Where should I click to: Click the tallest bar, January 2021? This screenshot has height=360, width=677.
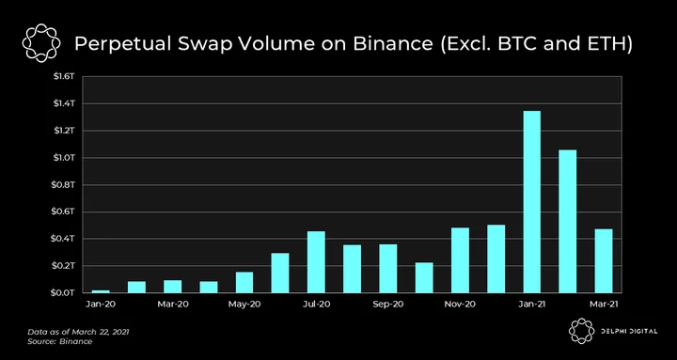(x=531, y=201)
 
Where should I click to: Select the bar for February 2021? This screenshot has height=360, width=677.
(x=567, y=221)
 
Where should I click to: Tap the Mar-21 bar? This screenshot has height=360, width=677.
(x=603, y=260)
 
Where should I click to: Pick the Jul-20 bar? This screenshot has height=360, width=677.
(x=316, y=261)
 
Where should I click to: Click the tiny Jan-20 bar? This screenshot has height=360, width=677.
(x=101, y=291)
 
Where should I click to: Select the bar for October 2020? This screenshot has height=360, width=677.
(x=424, y=277)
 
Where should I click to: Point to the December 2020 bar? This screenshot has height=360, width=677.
(x=496, y=258)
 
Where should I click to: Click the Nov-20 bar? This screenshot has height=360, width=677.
(x=460, y=259)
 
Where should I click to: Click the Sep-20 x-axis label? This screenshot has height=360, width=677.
(x=387, y=305)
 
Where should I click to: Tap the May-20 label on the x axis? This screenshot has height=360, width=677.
(x=244, y=305)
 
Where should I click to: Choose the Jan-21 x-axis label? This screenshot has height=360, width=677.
(x=531, y=305)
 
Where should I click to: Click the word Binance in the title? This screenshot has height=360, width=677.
(x=393, y=44)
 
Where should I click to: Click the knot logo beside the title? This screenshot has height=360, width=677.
(x=41, y=43)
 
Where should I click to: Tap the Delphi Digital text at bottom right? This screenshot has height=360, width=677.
(x=629, y=332)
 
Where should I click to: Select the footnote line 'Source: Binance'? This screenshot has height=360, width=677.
(x=60, y=341)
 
